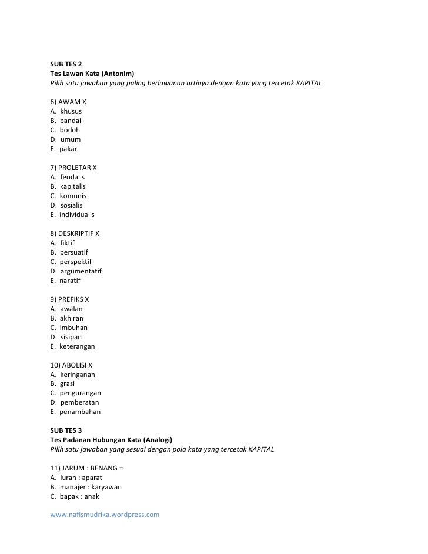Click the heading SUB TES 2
click(x=66, y=64)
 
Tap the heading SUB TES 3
click(x=66, y=430)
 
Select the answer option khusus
click(x=71, y=111)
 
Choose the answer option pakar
click(x=68, y=148)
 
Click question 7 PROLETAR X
click(x=73, y=167)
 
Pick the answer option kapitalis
click(x=72, y=186)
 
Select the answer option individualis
click(x=76, y=214)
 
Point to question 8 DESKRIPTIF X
click(x=75, y=233)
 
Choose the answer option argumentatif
click(x=81, y=271)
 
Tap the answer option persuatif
click(x=73, y=252)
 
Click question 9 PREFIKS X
click(x=70, y=299)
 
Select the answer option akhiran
click(x=71, y=318)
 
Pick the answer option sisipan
click(x=71, y=336)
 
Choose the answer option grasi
click(x=67, y=383)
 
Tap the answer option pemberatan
click(x=79, y=402)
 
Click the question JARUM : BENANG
click(x=86, y=468)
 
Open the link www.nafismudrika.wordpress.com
click(x=105, y=515)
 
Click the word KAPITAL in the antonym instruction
click(x=309, y=82)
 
